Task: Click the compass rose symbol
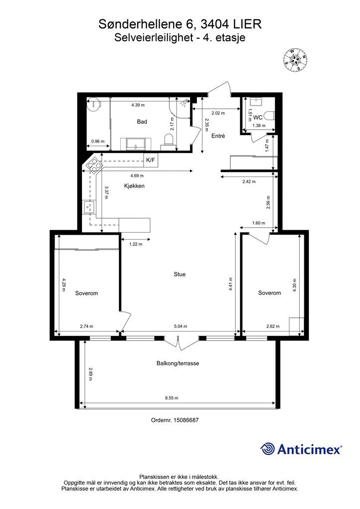(x=295, y=60)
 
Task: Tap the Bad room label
(x=142, y=122)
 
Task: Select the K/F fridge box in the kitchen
(x=151, y=160)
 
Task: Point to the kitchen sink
(x=89, y=207)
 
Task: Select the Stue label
(x=180, y=274)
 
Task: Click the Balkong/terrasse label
(x=178, y=363)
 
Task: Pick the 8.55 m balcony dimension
(x=172, y=398)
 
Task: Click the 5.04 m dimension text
(x=180, y=326)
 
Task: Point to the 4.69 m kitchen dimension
(x=137, y=175)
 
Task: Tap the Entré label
(x=218, y=136)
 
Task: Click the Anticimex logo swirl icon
(x=268, y=449)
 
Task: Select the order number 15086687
(x=186, y=420)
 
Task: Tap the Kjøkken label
(x=134, y=186)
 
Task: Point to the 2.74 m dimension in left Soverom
(x=87, y=326)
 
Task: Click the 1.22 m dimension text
(x=136, y=244)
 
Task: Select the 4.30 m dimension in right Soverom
(x=294, y=285)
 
